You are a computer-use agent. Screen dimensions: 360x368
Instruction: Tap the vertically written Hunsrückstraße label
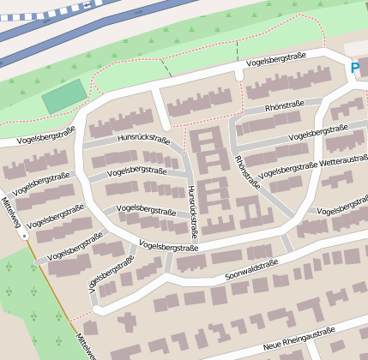[192, 211]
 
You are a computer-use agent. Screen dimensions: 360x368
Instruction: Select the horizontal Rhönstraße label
[287, 108]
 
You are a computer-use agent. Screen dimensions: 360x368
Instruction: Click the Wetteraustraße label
[343, 159]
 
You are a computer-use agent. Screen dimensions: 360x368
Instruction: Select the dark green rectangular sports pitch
[64, 97]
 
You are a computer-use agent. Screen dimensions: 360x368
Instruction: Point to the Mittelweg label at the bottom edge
[85, 346]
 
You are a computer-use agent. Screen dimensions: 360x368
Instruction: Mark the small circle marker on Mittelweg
[26, 234]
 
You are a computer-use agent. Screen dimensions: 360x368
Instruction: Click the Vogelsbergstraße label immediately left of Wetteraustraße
[288, 168]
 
